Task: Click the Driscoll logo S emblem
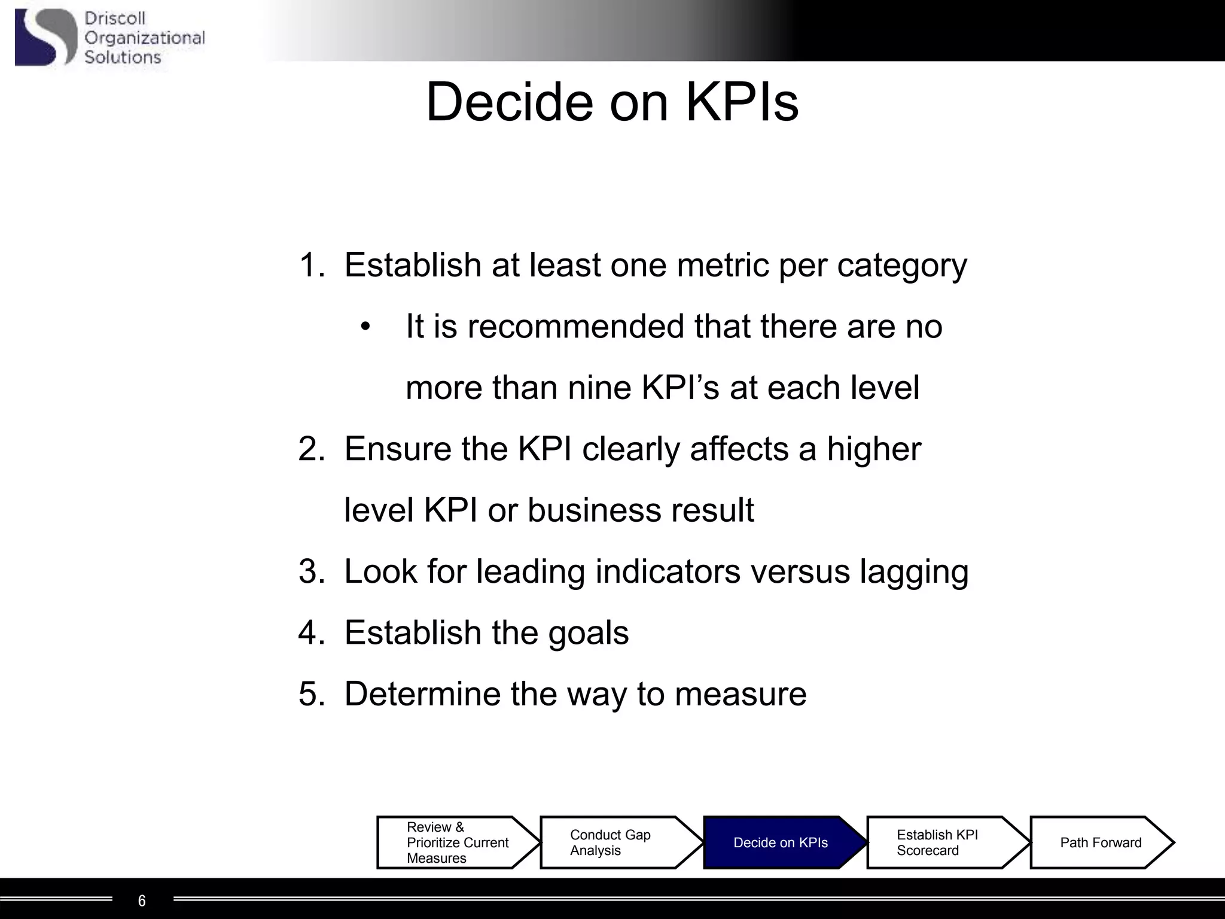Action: coord(45,37)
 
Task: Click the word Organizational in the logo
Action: coord(144,38)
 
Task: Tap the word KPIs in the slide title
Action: coord(741,102)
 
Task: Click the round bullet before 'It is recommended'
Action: coord(365,327)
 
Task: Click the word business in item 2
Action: coord(593,510)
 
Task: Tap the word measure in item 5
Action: coord(741,695)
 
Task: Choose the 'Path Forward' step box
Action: coord(1101,842)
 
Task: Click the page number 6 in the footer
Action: coord(142,900)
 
